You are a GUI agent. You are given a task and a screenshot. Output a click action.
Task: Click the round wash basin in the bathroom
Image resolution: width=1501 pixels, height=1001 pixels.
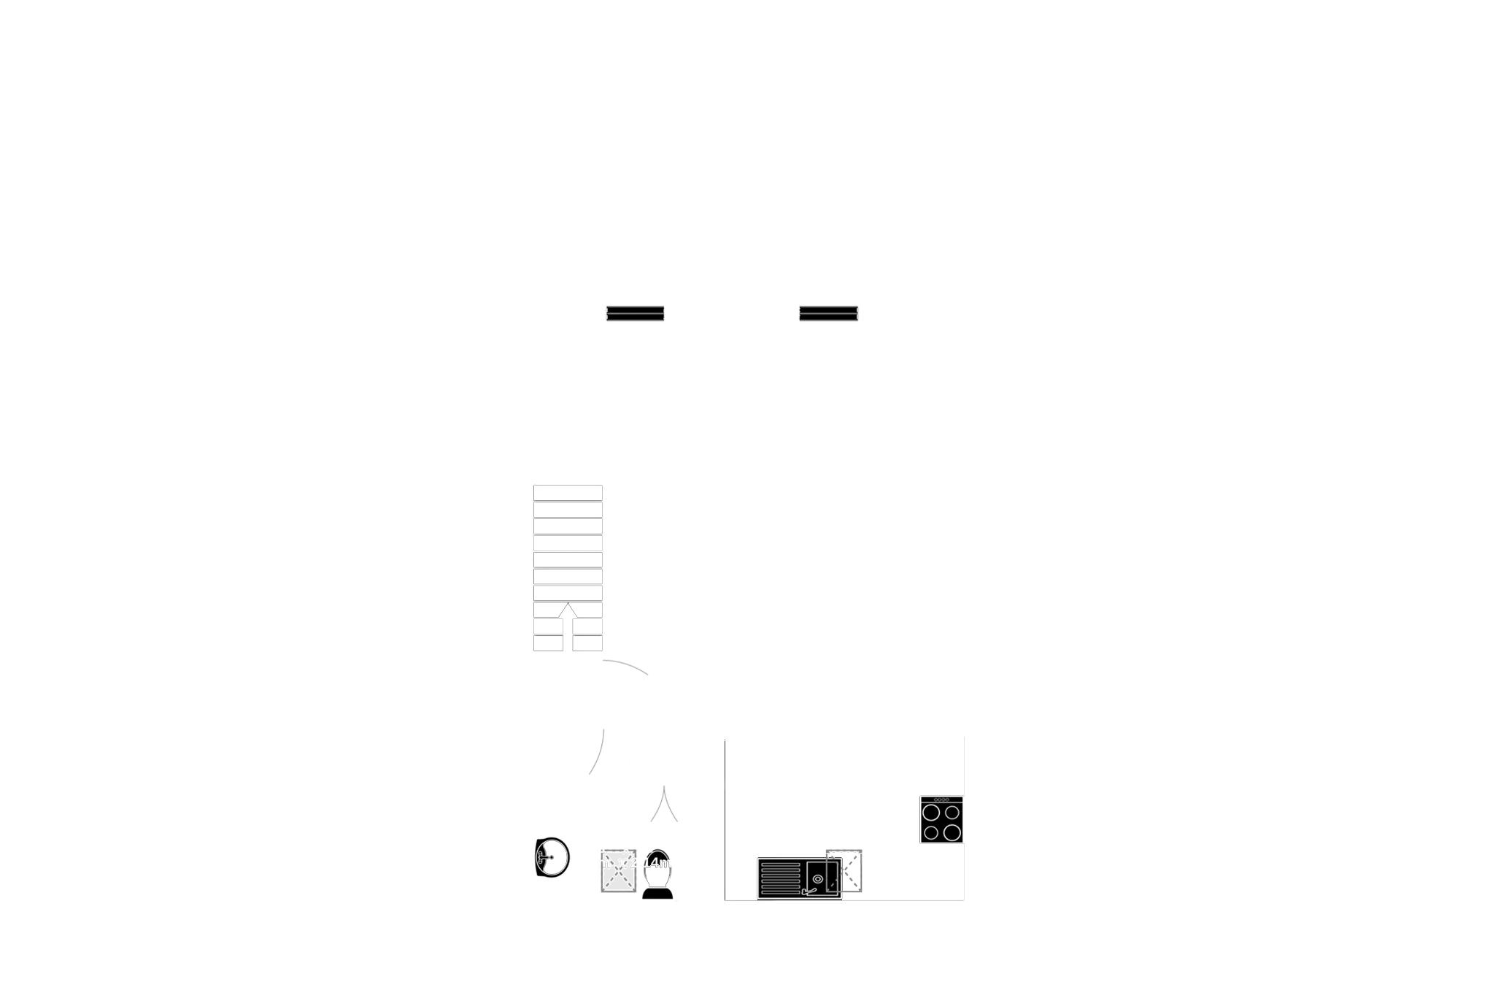[552, 857]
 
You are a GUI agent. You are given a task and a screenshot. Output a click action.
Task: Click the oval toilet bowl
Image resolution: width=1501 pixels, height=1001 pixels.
[657, 865]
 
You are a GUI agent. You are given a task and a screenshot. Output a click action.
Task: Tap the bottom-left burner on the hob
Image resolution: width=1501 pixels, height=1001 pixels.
[930, 832]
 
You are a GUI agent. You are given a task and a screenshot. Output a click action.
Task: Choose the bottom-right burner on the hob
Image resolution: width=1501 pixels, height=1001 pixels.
[951, 832]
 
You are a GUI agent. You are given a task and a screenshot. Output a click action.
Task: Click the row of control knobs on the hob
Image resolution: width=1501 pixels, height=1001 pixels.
[941, 800]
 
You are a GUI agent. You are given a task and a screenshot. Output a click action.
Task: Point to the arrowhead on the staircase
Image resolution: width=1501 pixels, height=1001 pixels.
[568, 611]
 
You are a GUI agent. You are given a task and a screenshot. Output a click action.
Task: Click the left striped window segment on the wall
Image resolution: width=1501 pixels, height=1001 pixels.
[636, 313]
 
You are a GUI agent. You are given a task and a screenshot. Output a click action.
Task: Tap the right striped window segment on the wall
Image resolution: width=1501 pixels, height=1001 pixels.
[827, 313]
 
